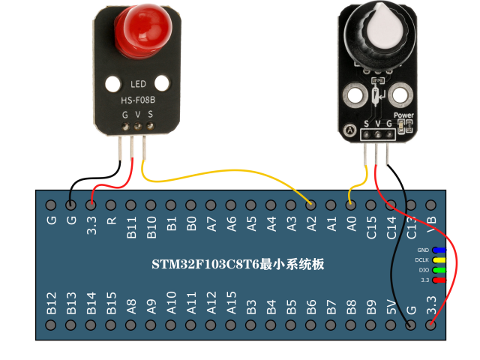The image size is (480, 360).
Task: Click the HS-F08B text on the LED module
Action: coord(138,99)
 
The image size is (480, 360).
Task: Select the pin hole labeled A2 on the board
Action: coord(310,205)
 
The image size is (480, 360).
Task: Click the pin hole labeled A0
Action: coord(350,205)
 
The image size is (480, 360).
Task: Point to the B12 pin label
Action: coord(51,303)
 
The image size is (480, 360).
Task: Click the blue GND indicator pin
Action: coord(438,250)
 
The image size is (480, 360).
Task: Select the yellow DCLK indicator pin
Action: coord(438,259)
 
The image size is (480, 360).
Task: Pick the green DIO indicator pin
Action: coord(438,269)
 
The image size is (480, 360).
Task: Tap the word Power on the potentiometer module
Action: coord(403,115)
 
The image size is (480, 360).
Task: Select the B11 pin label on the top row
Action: coord(131,227)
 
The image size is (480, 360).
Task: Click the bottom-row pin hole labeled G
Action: coord(410,325)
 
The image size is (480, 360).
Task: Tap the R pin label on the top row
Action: coord(111,222)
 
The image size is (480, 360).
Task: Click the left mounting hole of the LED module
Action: coord(112,83)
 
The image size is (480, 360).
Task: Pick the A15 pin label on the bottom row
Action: coord(232,303)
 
